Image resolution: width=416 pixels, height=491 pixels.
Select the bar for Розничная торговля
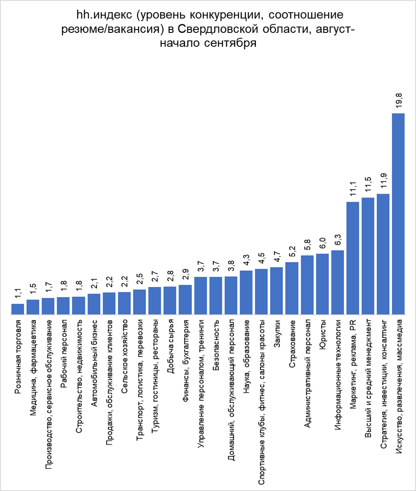(x=18, y=309)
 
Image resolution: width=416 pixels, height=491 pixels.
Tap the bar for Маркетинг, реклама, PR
(x=352, y=258)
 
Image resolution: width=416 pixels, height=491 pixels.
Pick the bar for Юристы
(x=322, y=284)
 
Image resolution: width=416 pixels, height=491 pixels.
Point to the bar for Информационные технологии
(x=337, y=283)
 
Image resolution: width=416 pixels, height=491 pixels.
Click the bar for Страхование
(x=292, y=288)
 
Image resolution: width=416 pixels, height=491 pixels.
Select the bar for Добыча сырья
(x=170, y=301)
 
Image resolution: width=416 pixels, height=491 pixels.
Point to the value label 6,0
(x=323, y=244)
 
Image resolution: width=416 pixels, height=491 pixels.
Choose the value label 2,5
(x=140, y=280)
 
